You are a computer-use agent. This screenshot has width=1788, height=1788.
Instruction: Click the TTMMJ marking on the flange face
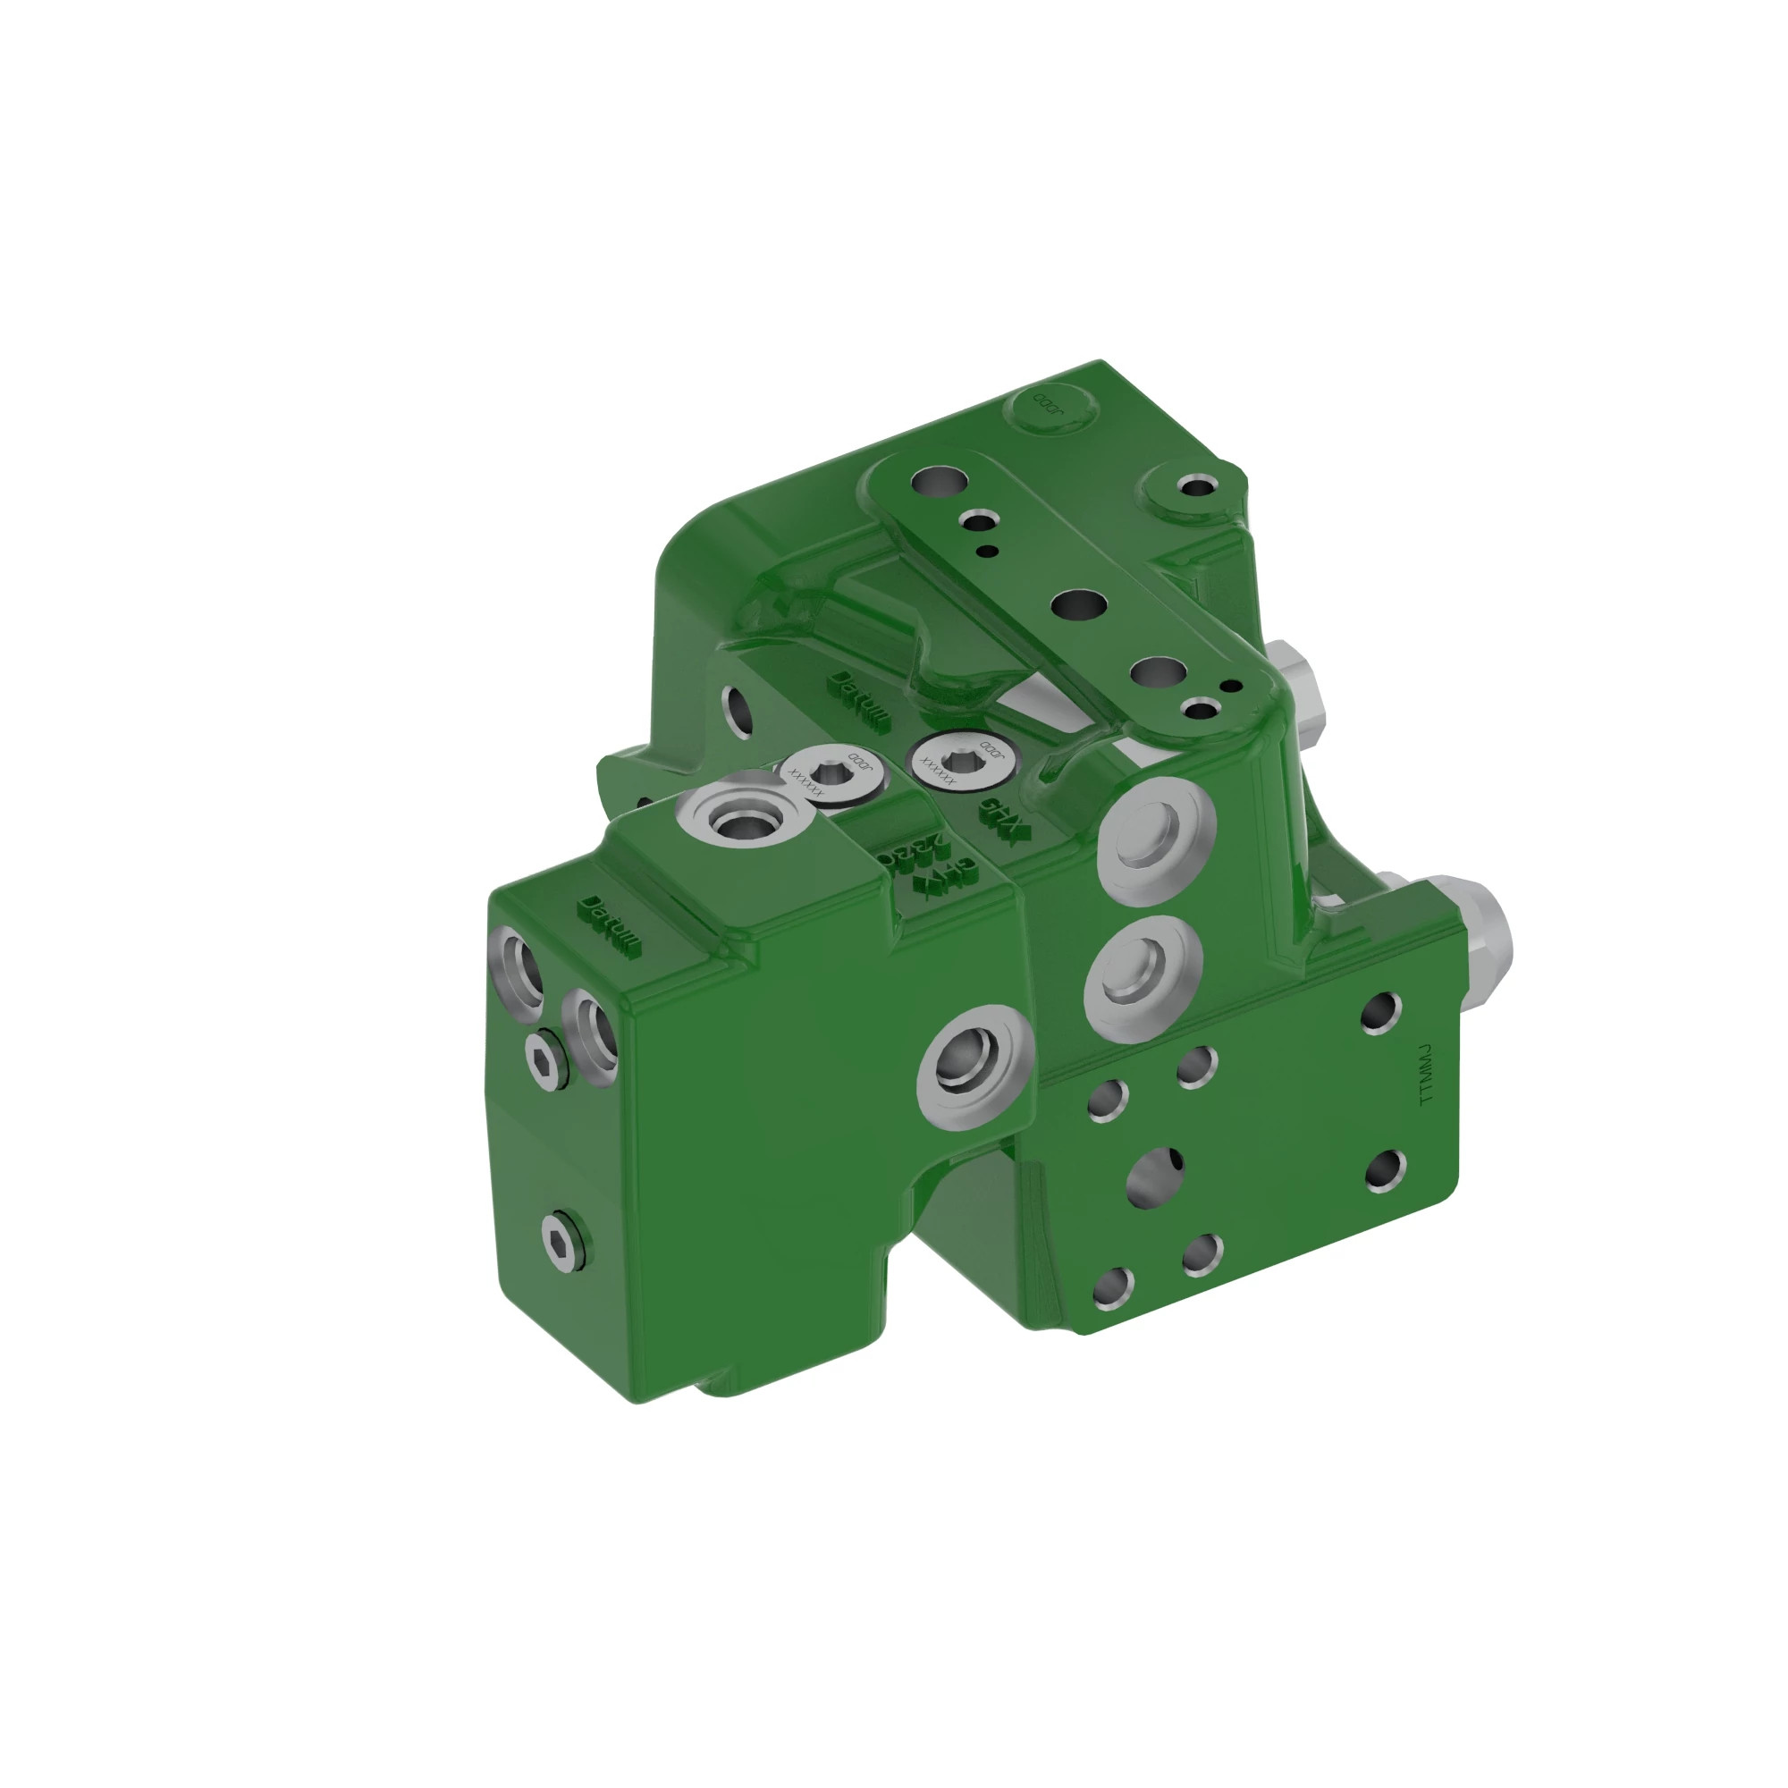tap(1426, 1075)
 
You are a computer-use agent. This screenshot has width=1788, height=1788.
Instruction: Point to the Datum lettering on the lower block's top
tap(608, 925)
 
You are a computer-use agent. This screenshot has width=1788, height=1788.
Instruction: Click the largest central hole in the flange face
tap(1155, 1178)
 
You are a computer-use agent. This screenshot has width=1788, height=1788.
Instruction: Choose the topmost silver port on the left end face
tap(520, 971)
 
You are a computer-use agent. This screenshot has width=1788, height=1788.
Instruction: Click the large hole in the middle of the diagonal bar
tap(1078, 606)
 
